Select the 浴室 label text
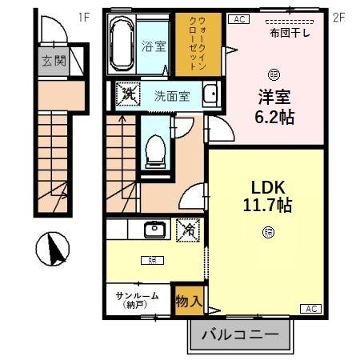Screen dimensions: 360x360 coord(155,45)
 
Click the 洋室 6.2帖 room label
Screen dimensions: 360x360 coord(274,105)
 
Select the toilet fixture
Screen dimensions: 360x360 coord(154,148)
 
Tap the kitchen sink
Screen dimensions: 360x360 coord(154,230)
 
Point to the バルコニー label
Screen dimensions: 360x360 coord(238,334)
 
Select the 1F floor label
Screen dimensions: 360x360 coord(85,15)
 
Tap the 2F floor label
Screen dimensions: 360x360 coord(338,15)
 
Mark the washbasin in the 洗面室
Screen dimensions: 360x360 coord(210,94)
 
